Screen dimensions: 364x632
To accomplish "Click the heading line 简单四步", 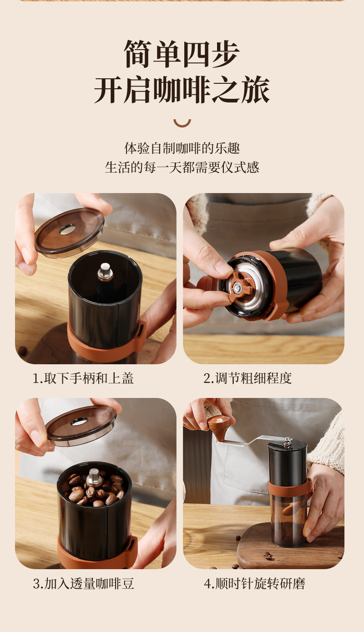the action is pyautogui.click(x=182, y=54).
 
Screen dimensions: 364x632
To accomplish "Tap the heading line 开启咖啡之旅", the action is pyautogui.click(x=182, y=90).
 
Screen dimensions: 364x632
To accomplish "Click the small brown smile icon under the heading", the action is pyautogui.click(x=182, y=123).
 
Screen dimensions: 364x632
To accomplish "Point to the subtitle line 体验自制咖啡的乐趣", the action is pyautogui.click(x=182, y=148).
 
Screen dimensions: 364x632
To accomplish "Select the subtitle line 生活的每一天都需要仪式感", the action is pyautogui.click(x=182, y=167).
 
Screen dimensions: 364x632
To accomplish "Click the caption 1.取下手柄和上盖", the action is pyautogui.click(x=83, y=378).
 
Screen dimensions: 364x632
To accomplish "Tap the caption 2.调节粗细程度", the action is pyautogui.click(x=248, y=378).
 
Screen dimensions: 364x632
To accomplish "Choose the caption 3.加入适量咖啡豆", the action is pyautogui.click(x=83, y=584).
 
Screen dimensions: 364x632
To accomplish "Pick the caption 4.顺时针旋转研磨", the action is pyautogui.click(x=254, y=584).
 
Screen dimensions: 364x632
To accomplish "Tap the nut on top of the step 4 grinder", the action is pyautogui.click(x=288, y=442).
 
